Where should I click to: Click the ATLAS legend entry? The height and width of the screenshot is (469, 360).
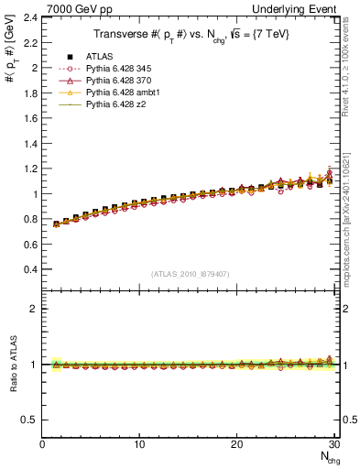point(98,58)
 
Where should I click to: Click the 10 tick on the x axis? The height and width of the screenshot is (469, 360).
point(139,445)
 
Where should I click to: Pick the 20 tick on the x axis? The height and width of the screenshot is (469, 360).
point(237,445)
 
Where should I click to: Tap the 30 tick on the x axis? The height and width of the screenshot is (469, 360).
point(334,445)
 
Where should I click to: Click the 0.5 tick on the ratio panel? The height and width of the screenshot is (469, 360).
point(30,420)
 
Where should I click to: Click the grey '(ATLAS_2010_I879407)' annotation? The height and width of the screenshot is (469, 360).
point(191,274)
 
